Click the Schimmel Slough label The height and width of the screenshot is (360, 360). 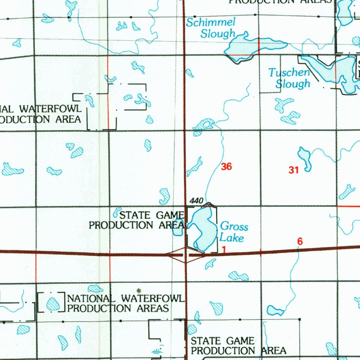point(211,28)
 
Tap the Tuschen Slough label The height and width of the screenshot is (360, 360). point(289,78)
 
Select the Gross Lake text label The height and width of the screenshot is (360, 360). point(233,232)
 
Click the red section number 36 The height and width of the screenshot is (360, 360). point(226,167)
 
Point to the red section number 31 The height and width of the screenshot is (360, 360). point(294,171)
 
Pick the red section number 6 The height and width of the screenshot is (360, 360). point(300,242)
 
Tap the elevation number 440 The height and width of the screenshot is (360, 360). point(196,201)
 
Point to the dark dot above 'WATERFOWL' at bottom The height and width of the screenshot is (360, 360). point(139,290)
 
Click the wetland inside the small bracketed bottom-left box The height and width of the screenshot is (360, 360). point(53,303)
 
